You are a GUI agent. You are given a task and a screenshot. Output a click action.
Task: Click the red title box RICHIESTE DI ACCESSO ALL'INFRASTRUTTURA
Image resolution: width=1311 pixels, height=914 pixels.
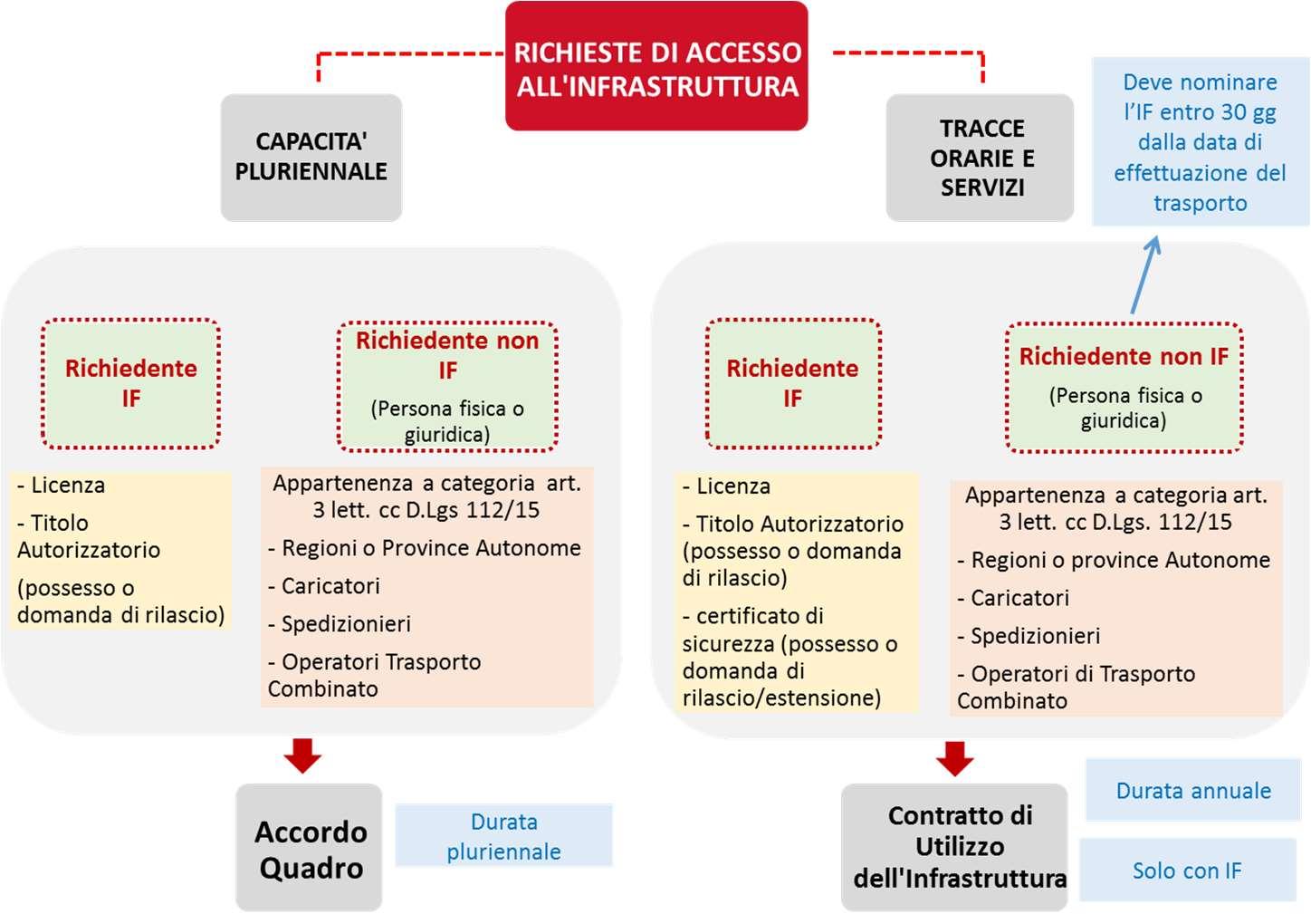tap(656, 68)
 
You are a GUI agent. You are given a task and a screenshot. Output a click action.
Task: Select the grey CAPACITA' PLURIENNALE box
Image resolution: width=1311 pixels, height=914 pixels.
tap(311, 157)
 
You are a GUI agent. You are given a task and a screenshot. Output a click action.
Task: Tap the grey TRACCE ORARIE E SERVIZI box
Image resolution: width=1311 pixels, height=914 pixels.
tap(981, 158)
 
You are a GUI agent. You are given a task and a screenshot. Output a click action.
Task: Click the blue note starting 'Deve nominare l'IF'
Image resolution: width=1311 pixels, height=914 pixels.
tap(1200, 142)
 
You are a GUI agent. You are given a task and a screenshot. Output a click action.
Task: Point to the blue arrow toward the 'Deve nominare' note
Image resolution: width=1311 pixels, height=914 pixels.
tap(1144, 275)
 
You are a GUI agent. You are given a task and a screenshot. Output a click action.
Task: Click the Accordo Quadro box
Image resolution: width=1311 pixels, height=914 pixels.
tap(310, 849)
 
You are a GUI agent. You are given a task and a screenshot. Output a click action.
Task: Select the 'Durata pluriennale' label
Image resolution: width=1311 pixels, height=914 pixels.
tap(503, 836)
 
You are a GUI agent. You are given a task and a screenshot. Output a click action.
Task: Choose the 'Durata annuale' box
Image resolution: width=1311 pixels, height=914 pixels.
tap(1192, 791)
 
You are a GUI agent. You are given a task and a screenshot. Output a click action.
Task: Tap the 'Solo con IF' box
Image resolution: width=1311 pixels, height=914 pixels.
tap(1186, 871)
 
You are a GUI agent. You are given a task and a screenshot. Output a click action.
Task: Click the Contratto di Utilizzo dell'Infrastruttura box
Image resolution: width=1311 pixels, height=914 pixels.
tap(958, 847)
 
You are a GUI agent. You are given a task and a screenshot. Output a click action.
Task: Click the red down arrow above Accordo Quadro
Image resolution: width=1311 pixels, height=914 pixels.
tap(302, 755)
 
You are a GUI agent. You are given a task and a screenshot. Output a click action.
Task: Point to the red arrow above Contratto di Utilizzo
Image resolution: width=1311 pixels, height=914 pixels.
tap(955, 757)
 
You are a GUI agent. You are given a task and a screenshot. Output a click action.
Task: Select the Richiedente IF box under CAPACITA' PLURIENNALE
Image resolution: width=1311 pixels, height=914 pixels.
tap(130, 383)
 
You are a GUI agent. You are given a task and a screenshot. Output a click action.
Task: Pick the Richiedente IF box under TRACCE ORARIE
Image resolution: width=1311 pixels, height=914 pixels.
tap(792, 383)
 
